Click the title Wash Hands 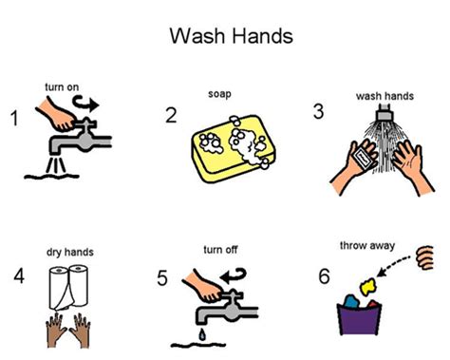(232, 35)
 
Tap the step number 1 (14, 119)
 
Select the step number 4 (19, 275)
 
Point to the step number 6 (325, 276)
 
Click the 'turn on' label (62, 87)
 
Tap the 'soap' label (219, 94)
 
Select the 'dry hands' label (70, 252)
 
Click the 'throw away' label (367, 246)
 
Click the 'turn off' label (220, 250)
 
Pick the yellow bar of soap (234, 149)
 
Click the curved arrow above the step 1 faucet (85, 104)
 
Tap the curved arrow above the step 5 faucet (234, 275)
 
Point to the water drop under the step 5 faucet (202, 334)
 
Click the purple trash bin (359, 319)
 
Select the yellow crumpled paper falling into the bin (367, 286)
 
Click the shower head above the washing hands (384, 116)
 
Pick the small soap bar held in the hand (363, 159)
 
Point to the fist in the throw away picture (424, 257)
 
